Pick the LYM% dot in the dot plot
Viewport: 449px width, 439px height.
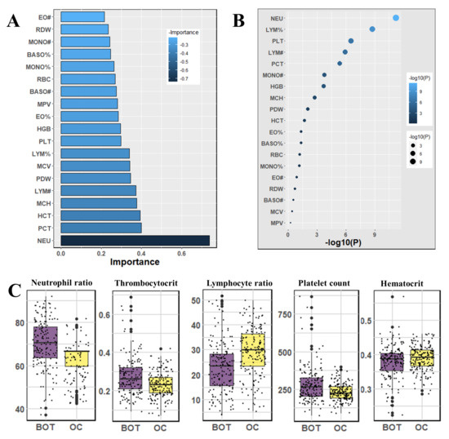coord(372,29)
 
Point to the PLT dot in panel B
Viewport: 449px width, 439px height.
coord(351,41)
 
